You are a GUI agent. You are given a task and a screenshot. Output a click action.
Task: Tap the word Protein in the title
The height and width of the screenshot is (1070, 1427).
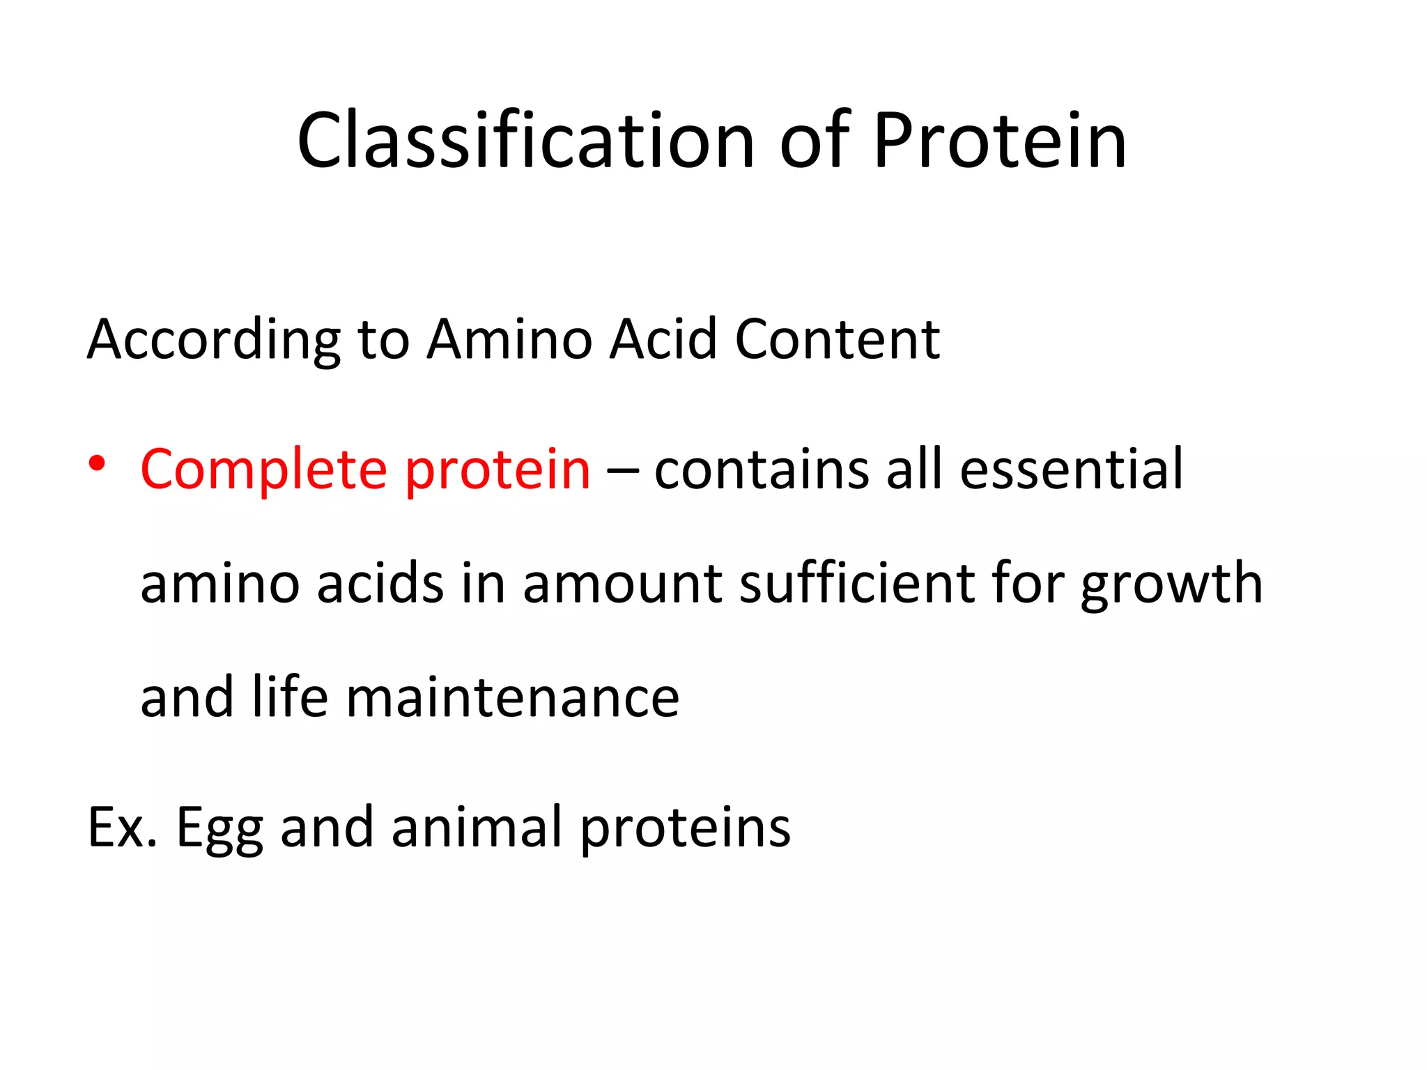pos(1000,141)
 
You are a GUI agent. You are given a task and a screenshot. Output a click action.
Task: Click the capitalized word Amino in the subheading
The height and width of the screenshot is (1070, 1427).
pos(509,339)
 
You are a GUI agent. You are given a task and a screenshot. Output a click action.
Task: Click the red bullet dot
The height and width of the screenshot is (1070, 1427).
pos(97,463)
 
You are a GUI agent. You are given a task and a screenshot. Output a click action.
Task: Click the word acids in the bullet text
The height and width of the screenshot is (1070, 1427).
pos(380,583)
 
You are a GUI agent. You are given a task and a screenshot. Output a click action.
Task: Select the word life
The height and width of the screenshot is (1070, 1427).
pos(290,697)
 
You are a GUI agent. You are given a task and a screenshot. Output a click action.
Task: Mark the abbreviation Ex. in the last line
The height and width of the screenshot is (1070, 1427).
pos(122,828)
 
